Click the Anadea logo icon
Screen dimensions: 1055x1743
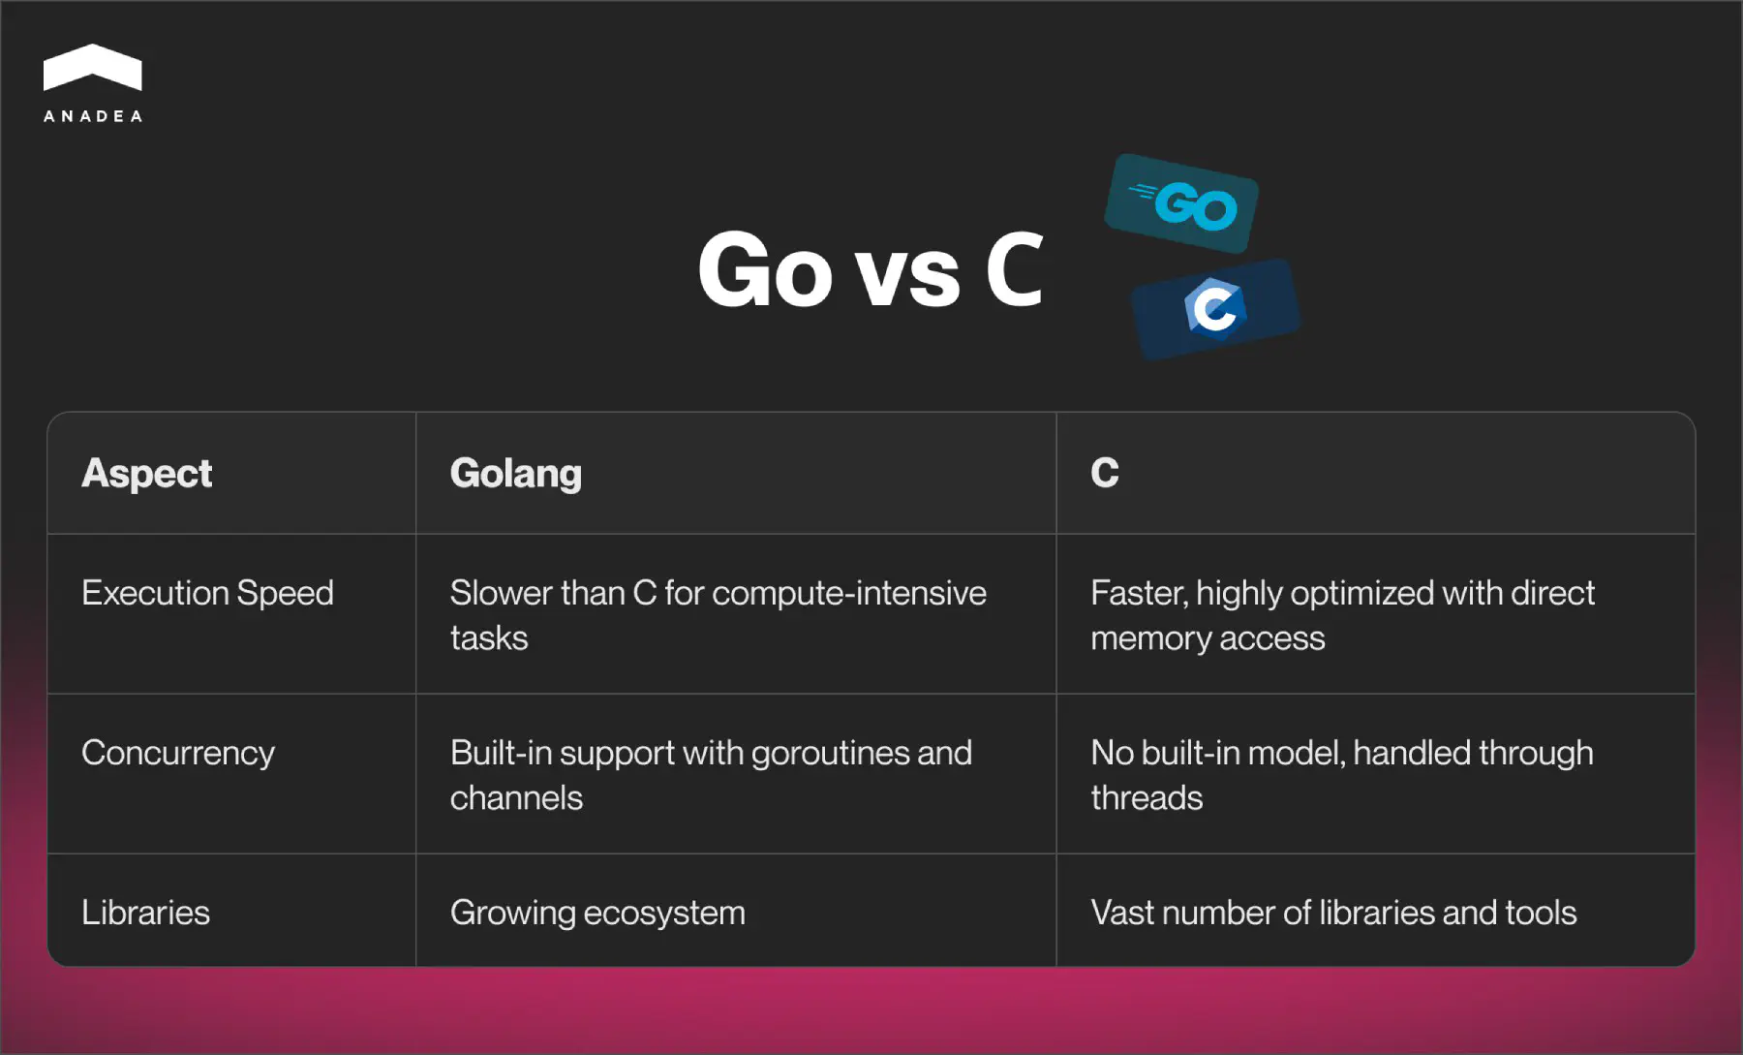pyautogui.click(x=93, y=68)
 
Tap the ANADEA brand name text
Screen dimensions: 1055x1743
pyautogui.click(x=93, y=116)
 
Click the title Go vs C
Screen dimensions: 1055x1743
pyautogui.click(x=870, y=270)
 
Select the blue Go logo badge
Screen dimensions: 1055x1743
pyautogui.click(x=1182, y=204)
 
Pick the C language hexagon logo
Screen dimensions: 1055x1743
pyautogui.click(x=1214, y=309)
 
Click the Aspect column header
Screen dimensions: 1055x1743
pyautogui.click(x=147, y=473)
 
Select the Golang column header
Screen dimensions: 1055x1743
pyautogui.click(x=515, y=473)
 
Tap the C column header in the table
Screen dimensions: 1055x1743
pyautogui.click(x=1104, y=473)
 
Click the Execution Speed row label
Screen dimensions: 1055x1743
pyautogui.click(x=207, y=593)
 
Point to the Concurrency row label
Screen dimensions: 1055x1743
pyautogui.click(x=178, y=753)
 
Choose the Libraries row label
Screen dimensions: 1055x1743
pyautogui.click(x=145, y=913)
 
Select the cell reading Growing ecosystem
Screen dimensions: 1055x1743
pyautogui.click(x=597, y=913)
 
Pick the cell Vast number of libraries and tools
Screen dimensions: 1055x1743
pyautogui.click(x=1333, y=913)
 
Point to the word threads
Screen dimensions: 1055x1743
pyautogui.click(x=1147, y=798)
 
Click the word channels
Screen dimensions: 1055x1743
pyautogui.click(x=516, y=798)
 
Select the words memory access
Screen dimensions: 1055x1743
pyautogui.click(x=1208, y=638)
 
